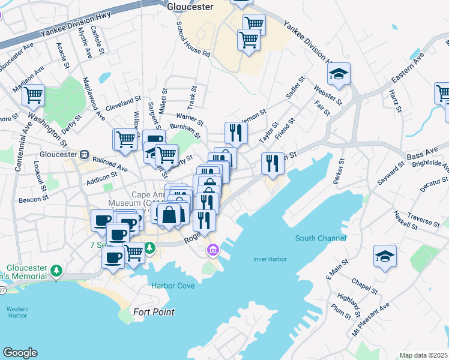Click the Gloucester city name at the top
[190, 7]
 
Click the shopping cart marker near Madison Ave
[33, 95]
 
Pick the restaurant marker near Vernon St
[236, 133]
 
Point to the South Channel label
[321, 238]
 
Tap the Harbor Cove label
[173, 286]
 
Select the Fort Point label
[154, 312]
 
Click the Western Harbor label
[18, 313]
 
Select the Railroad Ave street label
[110, 163]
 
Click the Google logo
[20, 353]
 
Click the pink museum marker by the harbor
[211, 250]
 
